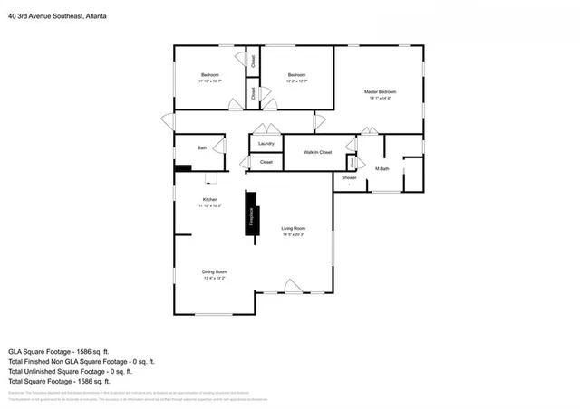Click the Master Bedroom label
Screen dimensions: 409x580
380,92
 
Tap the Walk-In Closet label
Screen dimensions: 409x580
317,152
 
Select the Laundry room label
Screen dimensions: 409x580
266,144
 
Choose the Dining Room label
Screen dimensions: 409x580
214,271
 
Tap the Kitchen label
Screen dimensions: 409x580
209,199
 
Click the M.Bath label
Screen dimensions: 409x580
382,169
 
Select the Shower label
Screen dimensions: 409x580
349,178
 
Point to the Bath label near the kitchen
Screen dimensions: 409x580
202,148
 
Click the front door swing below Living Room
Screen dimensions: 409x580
293,287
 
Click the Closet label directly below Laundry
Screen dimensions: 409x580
266,162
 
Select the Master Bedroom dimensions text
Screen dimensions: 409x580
380,99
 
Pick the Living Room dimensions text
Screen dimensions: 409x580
292,234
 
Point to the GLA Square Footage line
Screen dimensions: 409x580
59,350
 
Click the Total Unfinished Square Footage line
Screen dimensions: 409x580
71,371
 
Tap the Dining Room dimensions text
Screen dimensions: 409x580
214,278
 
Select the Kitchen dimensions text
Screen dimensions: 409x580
209,205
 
